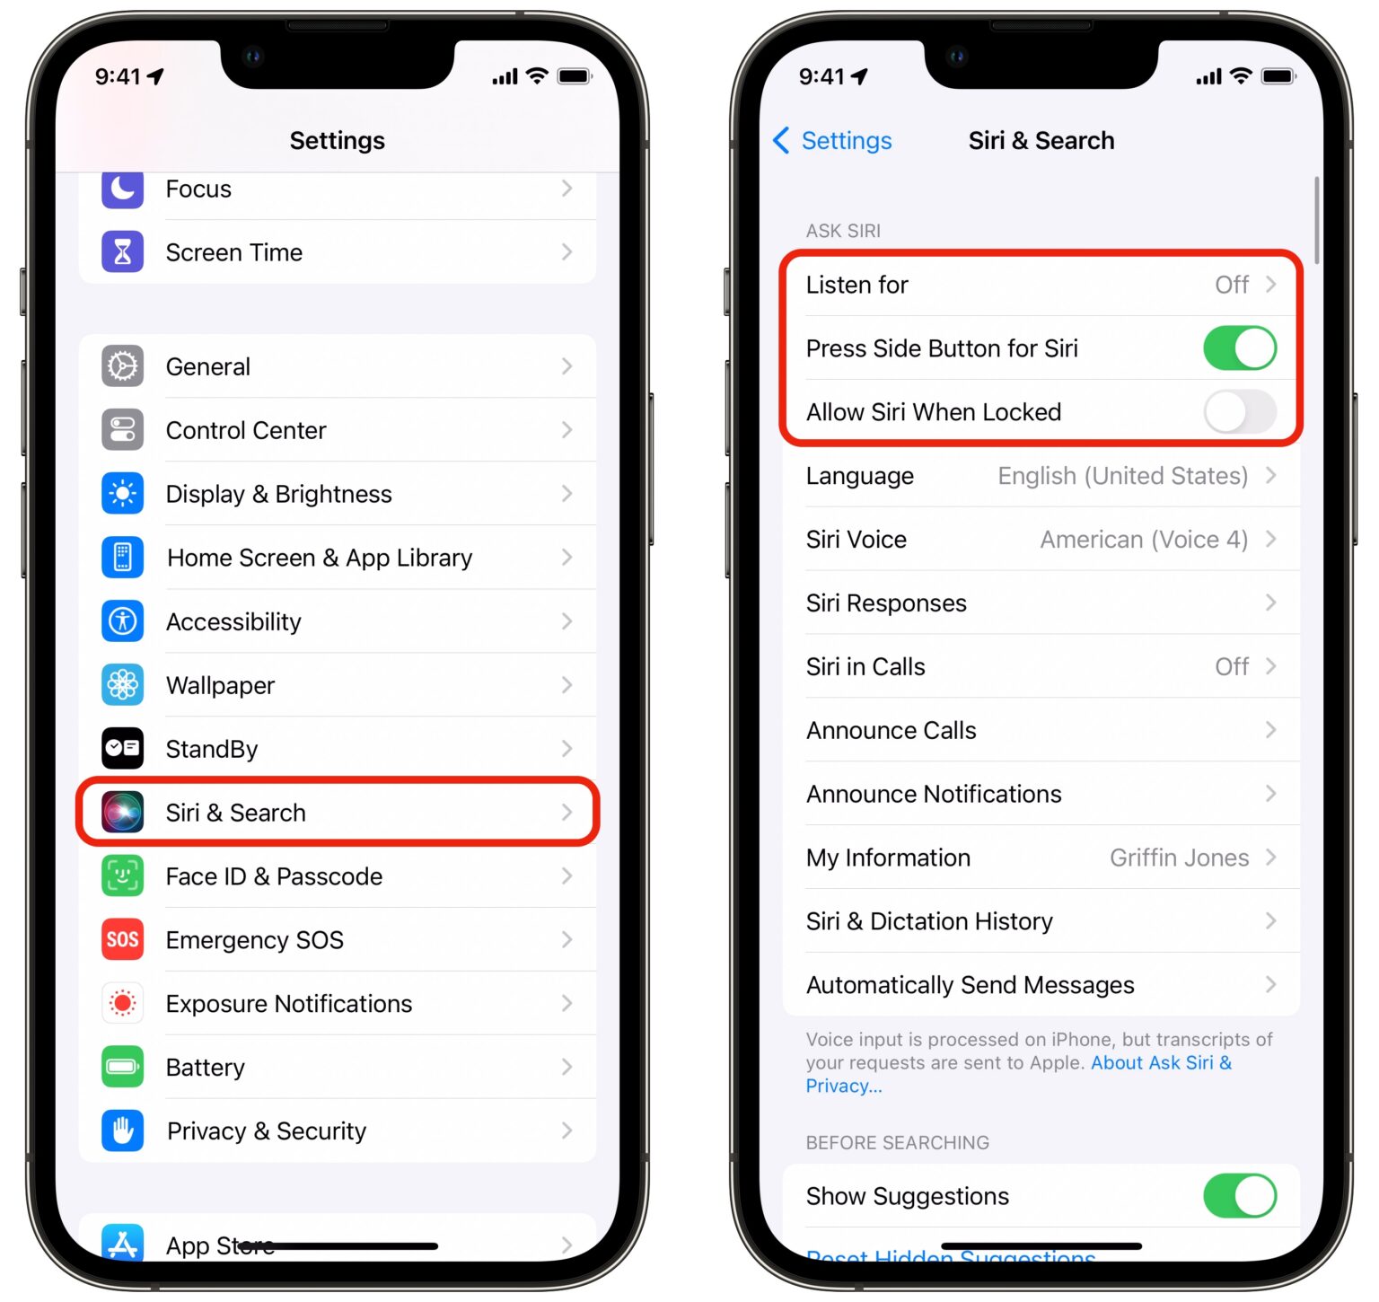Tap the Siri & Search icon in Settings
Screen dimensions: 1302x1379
(x=122, y=813)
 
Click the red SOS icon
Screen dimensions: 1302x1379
(x=122, y=940)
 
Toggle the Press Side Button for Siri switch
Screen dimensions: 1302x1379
(x=1239, y=348)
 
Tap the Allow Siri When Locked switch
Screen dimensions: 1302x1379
(x=1239, y=412)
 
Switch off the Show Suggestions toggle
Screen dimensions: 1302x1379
(x=1239, y=1196)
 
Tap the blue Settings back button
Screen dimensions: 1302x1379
(x=832, y=141)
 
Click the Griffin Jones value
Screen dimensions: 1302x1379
(x=1179, y=858)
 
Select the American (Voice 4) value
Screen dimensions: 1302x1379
(x=1144, y=540)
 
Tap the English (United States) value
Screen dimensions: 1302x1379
(x=1122, y=476)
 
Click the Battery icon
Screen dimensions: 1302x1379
(x=122, y=1068)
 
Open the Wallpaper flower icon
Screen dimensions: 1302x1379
(x=122, y=685)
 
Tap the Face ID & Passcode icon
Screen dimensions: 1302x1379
(x=122, y=876)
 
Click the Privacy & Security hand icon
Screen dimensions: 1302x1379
(x=122, y=1131)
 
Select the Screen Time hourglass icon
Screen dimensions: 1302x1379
(x=122, y=252)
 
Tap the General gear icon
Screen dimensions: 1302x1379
(x=122, y=366)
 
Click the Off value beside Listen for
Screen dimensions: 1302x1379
(x=1231, y=286)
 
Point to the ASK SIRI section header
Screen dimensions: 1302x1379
(x=843, y=231)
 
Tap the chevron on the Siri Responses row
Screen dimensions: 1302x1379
(x=1270, y=603)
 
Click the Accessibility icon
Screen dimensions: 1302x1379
(x=122, y=621)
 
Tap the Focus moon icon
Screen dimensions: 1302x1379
(x=122, y=189)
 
